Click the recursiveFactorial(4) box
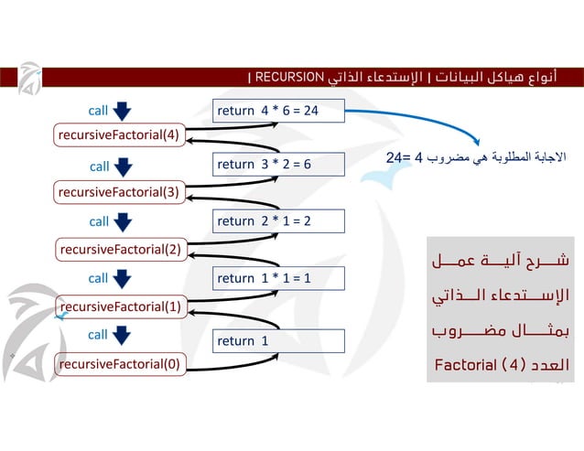[x=119, y=135]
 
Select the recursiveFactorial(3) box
[x=119, y=191]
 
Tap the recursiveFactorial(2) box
[x=120, y=248]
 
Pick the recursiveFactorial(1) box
[x=120, y=306]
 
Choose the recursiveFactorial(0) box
[x=119, y=364]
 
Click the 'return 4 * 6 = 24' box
[x=277, y=112]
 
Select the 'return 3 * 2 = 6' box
[x=277, y=165]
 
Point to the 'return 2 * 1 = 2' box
[x=277, y=221]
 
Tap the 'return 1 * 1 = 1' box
[x=277, y=278]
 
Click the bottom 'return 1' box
[x=277, y=341]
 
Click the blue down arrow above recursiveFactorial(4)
[x=124, y=111]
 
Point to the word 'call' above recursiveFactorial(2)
[x=99, y=221]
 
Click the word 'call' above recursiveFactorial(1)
[x=98, y=278]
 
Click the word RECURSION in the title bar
[x=290, y=76]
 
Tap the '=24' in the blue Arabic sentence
[x=396, y=157]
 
